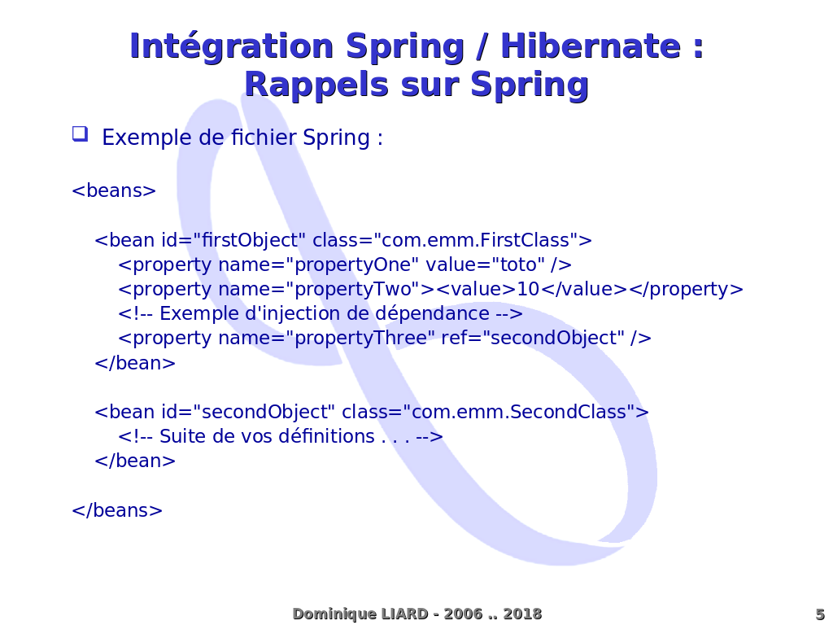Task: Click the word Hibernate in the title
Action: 591,46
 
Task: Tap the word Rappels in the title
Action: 316,85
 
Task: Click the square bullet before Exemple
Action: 81,133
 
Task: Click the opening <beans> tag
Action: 114,190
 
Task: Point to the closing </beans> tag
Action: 117,510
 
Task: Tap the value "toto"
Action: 518,264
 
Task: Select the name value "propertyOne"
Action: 352,264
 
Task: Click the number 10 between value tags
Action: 528,289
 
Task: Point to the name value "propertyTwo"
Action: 353,289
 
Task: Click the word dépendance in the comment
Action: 433,313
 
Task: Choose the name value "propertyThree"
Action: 360,338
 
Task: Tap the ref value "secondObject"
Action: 554,338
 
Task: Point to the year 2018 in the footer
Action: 522,614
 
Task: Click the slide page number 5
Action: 820,614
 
